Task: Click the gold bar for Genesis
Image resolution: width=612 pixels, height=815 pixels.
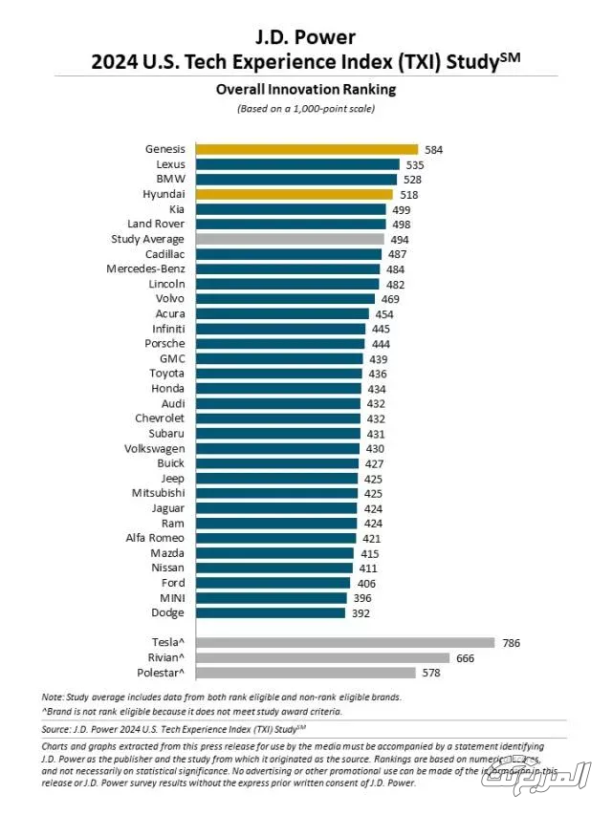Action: [x=306, y=149]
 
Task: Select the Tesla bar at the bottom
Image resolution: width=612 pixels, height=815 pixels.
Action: [x=344, y=643]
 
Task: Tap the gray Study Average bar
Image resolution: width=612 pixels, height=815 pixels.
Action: [x=290, y=239]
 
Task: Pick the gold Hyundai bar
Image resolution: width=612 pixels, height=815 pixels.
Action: [x=295, y=194]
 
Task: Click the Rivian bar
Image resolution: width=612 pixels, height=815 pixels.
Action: [x=322, y=658]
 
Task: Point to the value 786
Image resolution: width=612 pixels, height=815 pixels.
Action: [x=512, y=643]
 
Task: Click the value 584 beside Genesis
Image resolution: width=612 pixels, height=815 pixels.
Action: [x=434, y=149]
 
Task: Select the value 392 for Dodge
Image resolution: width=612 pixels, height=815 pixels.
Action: [x=361, y=612]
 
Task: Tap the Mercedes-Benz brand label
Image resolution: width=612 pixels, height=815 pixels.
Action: [x=145, y=268]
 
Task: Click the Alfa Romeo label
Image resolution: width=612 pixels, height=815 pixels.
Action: [x=155, y=538]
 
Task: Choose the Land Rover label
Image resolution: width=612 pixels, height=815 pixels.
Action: [x=156, y=224]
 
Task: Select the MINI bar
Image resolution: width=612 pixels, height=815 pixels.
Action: [x=271, y=598]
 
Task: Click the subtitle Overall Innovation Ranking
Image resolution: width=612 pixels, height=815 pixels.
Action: [x=306, y=90]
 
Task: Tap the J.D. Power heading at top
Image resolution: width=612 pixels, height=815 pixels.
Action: [x=306, y=37]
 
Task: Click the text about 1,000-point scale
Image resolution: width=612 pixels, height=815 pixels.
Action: [x=306, y=108]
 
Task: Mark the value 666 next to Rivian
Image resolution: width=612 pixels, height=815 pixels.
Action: [x=466, y=658]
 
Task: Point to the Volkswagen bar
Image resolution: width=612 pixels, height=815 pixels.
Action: [x=277, y=448]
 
